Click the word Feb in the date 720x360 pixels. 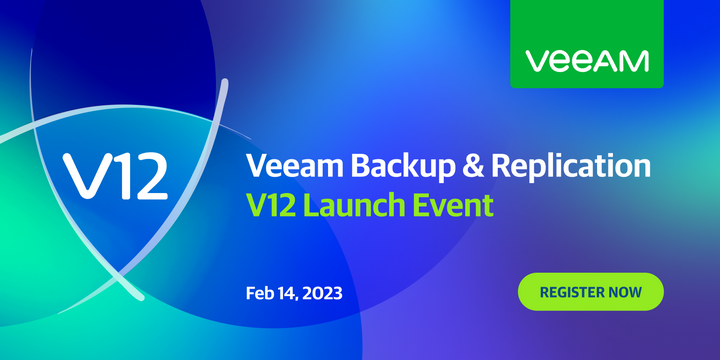pyautogui.click(x=260, y=293)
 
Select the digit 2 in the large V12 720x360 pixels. pyautogui.click(x=145, y=176)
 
